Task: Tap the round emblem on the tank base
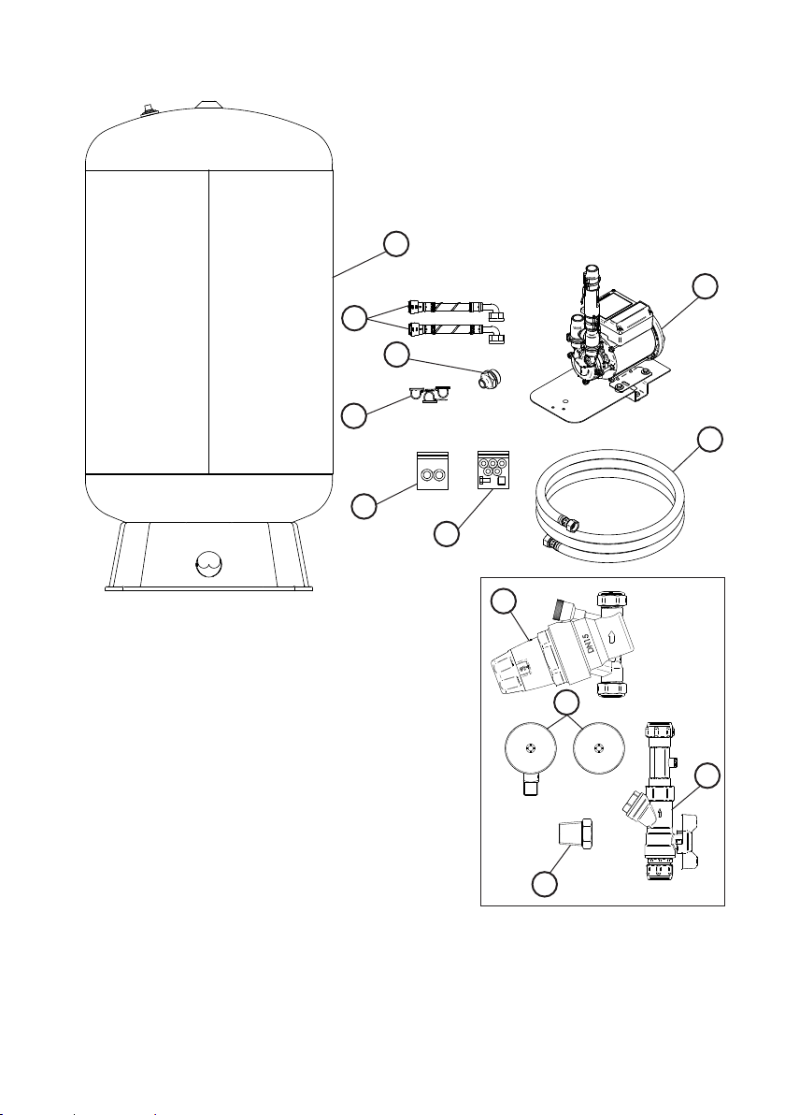(208, 565)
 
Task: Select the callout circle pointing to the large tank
(395, 243)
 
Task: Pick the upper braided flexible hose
(456, 311)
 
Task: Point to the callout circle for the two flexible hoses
(354, 318)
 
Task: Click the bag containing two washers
(432, 471)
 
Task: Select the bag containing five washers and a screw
(493, 471)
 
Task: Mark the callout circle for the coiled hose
(709, 440)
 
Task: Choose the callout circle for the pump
(705, 286)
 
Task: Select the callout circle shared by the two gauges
(566, 702)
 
